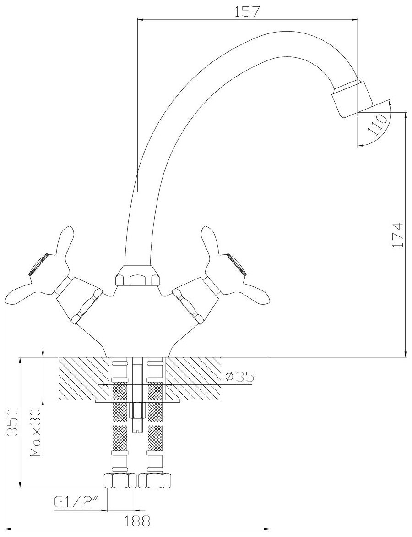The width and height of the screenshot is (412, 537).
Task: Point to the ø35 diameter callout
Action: tap(239, 377)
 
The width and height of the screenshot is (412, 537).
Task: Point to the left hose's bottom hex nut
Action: tap(119, 480)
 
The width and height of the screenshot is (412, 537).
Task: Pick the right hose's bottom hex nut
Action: tap(156, 480)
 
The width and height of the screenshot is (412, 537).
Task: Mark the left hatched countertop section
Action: tap(83, 378)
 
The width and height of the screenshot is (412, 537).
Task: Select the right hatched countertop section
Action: tap(192, 378)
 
